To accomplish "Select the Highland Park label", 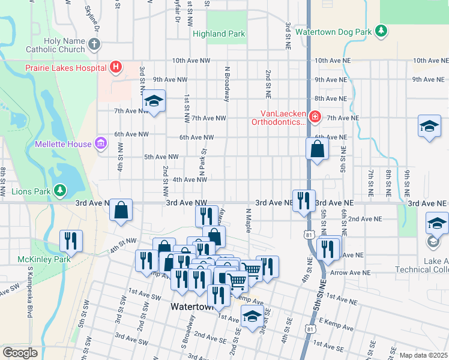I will (x=218, y=34).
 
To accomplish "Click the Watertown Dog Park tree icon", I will (x=381, y=31).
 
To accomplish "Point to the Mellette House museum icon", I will (x=101, y=143).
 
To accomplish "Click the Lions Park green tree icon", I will (x=59, y=191).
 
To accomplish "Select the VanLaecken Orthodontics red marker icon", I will (x=315, y=116).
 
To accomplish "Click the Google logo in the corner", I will (x=20, y=352).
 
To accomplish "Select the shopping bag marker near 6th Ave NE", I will (x=318, y=149).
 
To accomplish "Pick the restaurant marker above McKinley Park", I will (x=71, y=241).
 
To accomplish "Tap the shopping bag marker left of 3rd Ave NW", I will (x=121, y=211).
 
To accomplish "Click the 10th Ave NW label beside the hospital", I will (x=191, y=61).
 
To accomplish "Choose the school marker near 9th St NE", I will (x=429, y=127).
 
